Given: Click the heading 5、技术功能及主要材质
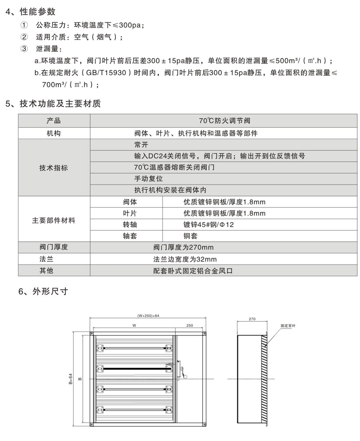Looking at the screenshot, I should point(53,104).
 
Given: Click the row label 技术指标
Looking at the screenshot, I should point(53,168).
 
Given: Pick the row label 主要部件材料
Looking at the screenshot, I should point(53,220).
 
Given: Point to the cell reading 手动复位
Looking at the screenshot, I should point(148,179).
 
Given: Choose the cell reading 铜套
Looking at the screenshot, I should point(190,236).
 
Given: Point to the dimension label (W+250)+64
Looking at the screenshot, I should point(148,316).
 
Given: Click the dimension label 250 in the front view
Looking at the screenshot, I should point(189,326).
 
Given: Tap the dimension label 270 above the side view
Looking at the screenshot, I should point(252,318).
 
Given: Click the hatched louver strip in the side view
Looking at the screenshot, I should point(264,379).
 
